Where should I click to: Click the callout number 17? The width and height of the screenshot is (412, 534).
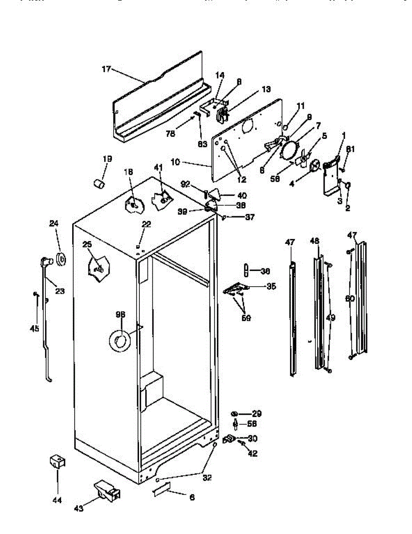[106, 69]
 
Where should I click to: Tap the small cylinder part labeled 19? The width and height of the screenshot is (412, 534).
[99, 182]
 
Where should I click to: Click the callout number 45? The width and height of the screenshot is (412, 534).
[34, 328]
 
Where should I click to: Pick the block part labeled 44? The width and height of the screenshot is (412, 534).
[57, 461]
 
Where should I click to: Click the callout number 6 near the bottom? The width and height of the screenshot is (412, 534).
[192, 498]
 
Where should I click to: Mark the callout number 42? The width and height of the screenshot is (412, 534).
[252, 454]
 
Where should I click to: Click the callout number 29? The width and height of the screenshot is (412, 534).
[257, 413]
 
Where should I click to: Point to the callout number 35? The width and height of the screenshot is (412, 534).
[271, 286]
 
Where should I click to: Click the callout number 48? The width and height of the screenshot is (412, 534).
[315, 241]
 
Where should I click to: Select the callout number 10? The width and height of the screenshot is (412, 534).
[175, 162]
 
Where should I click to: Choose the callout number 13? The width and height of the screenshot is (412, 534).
[266, 89]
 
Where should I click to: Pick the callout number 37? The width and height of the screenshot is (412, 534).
[250, 217]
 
